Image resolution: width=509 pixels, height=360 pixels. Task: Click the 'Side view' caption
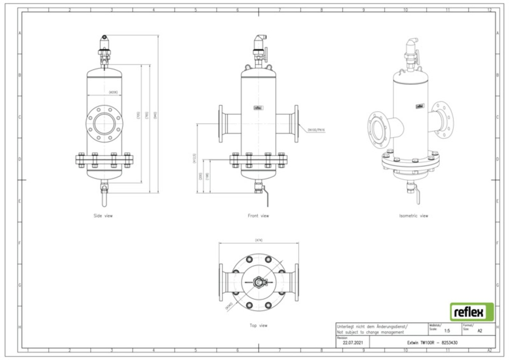pyautogui.click(x=103, y=215)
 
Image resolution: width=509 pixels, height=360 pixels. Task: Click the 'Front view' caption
pyautogui.click(x=258, y=215)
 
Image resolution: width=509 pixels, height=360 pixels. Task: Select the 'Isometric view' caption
pyautogui.click(x=414, y=215)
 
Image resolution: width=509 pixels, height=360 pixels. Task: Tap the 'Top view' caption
pyautogui.click(x=258, y=326)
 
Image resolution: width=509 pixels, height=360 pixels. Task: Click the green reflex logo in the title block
pyautogui.click(x=472, y=313)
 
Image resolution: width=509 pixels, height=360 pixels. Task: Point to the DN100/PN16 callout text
pyautogui.click(x=316, y=129)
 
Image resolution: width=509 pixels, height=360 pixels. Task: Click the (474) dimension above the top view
pyautogui.click(x=258, y=240)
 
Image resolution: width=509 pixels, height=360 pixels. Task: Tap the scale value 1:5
pyautogui.click(x=447, y=330)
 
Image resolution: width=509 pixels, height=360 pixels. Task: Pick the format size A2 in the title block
pyautogui.click(x=480, y=330)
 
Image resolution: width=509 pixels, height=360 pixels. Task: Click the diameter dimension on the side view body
pyautogui.click(x=113, y=92)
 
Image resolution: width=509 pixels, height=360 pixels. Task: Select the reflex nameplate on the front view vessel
pyautogui.click(x=258, y=107)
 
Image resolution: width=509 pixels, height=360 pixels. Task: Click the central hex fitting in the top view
pyautogui.click(x=258, y=281)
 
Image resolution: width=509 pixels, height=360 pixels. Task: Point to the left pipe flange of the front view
pyautogui.click(x=221, y=123)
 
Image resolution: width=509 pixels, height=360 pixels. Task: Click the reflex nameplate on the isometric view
pyautogui.click(x=420, y=106)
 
